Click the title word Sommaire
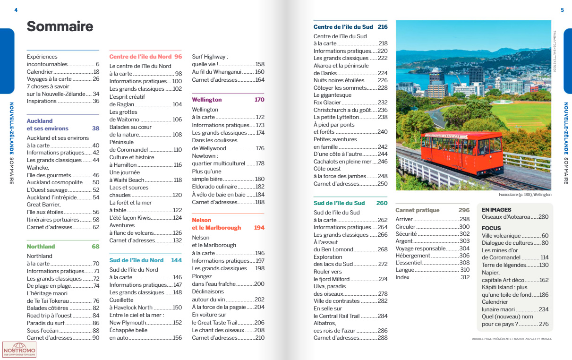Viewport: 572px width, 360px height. [x=60, y=26]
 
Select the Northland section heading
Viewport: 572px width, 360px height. [x=41, y=247]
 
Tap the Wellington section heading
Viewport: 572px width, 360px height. [x=206, y=100]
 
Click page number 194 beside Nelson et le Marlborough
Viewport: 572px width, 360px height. [x=259, y=228]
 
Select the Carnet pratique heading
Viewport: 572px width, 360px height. [x=417, y=210]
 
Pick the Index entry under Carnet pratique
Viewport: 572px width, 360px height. [x=403, y=277]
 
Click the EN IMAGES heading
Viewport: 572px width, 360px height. [x=496, y=210]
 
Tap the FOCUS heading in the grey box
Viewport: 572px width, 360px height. [x=491, y=228]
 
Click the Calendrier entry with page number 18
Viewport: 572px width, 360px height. [x=40, y=72]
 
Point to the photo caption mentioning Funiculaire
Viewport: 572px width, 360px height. [x=525, y=195]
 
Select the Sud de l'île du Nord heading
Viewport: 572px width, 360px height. [x=137, y=260]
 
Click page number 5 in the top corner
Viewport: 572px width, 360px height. [x=562, y=10]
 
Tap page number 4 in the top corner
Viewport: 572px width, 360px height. [x=16, y=10]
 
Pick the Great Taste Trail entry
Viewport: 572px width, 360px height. [x=215, y=323]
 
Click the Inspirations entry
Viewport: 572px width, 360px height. [x=42, y=101]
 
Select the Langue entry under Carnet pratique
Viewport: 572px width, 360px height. [x=405, y=270]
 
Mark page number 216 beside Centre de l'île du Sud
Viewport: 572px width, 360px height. [x=382, y=27]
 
